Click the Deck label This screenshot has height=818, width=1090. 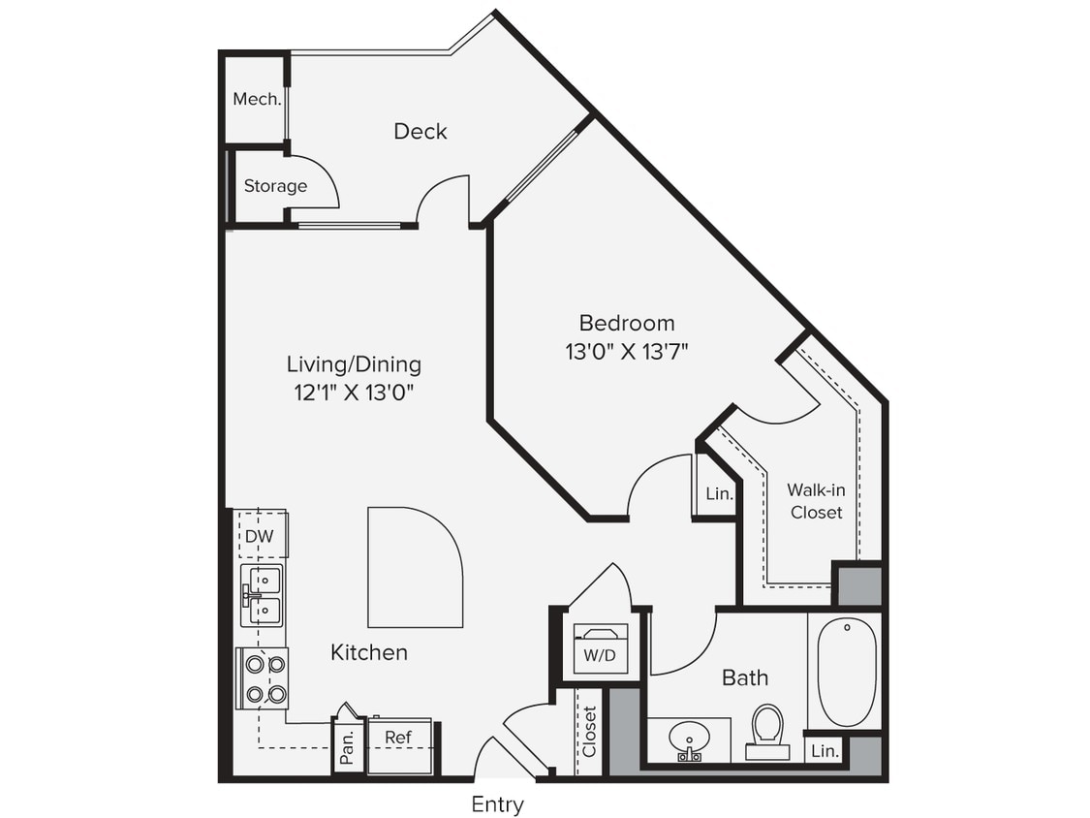(420, 131)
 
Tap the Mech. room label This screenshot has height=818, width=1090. (257, 99)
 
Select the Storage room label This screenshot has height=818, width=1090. (275, 185)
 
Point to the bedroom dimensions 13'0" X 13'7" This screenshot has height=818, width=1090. (626, 351)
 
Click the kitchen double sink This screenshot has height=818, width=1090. (263, 595)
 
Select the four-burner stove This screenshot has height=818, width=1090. (265, 678)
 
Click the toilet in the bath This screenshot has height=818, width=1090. (767, 731)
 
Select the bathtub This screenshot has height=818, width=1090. (846, 672)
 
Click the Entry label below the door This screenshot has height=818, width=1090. (497, 803)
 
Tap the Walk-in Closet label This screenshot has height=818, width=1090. (815, 501)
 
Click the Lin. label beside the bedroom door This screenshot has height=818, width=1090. (718, 493)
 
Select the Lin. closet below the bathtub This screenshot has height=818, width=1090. (825, 750)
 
